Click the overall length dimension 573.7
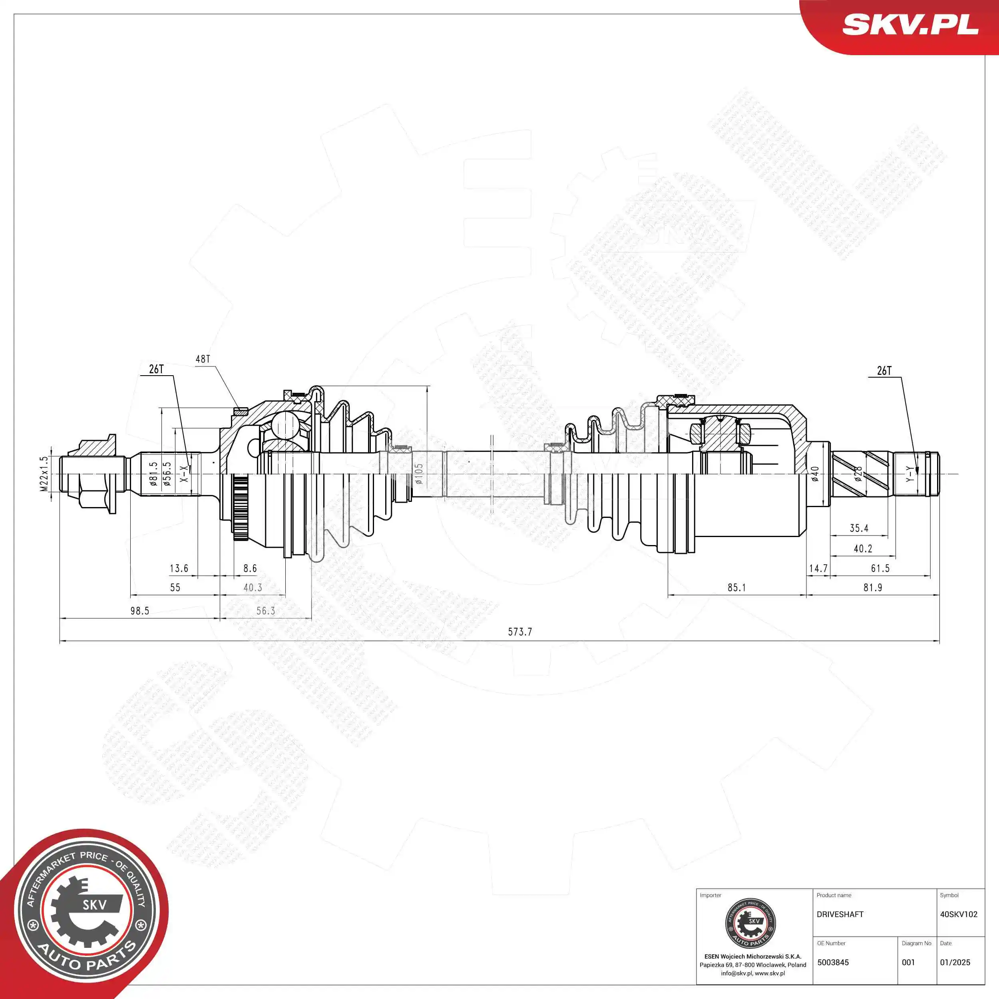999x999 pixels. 519,631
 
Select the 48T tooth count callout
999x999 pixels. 203,359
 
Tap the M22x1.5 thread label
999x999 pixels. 44,473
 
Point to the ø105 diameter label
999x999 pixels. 419,473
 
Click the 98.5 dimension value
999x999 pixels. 139,611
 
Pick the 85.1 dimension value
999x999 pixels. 736,587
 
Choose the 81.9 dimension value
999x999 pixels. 872,587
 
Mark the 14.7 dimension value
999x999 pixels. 818,568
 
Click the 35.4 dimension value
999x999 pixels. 859,528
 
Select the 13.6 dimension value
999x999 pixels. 179,568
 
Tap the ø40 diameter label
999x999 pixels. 815,474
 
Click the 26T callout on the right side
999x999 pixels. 884,371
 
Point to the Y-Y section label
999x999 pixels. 909,474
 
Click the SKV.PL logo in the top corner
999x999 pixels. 910,25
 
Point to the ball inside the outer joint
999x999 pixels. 285,425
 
